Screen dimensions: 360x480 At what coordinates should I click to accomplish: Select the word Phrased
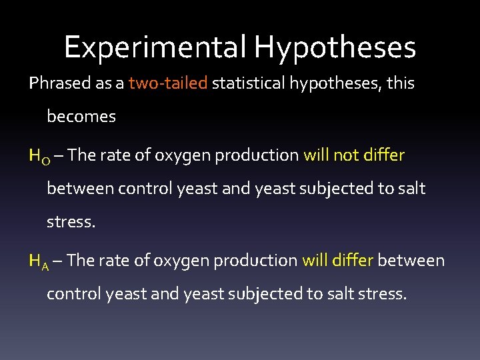point(57,83)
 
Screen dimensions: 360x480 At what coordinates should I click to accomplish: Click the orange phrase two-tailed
point(169,83)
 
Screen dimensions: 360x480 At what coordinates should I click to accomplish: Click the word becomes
point(81,117)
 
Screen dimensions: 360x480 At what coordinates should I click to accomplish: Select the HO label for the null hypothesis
point(37,156)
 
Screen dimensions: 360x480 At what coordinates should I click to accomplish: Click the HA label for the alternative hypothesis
point(37,261)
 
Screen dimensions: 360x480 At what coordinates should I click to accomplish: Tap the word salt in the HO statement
point(411,189)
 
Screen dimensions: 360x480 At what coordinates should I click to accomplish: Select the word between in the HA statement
point(411,260)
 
